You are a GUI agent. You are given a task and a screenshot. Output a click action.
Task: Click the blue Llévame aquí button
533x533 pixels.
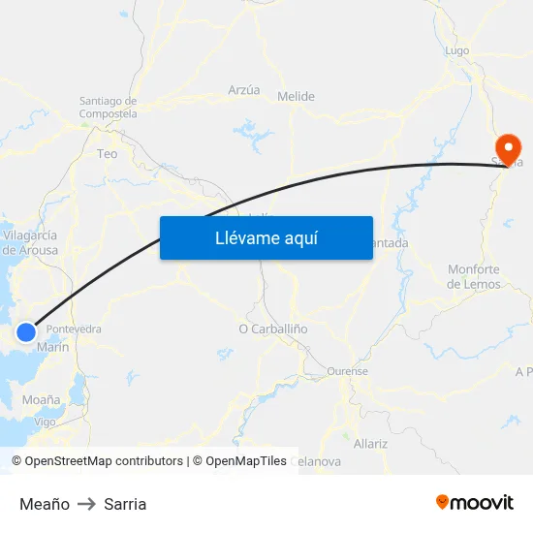266,237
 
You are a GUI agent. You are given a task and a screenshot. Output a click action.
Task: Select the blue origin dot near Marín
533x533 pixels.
26,333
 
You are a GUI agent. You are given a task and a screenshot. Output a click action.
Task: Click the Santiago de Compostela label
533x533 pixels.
108,107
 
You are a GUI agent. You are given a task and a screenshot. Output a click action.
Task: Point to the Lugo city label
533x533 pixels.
456,50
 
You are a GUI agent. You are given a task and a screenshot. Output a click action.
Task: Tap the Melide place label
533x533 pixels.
296,96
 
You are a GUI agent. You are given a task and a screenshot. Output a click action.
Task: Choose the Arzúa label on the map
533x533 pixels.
244,90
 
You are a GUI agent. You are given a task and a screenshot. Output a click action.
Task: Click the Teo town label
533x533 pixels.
107,153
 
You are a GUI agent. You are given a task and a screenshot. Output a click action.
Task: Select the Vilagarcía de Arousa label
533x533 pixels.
31,242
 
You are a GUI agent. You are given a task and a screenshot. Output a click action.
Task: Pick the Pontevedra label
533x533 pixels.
74,329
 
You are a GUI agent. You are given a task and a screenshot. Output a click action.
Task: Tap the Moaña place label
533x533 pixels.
41,399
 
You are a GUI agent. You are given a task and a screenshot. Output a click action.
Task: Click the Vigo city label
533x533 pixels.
45,423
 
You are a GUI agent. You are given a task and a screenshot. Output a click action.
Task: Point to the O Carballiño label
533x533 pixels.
273,329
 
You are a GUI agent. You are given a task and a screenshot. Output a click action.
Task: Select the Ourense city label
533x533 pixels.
348,371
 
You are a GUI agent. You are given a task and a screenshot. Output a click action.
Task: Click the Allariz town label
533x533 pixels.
370,443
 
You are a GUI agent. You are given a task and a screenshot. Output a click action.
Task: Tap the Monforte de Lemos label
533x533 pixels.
474,276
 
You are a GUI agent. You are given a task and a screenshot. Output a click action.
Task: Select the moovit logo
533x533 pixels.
475,503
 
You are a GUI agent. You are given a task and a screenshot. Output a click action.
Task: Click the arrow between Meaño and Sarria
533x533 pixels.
86,504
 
